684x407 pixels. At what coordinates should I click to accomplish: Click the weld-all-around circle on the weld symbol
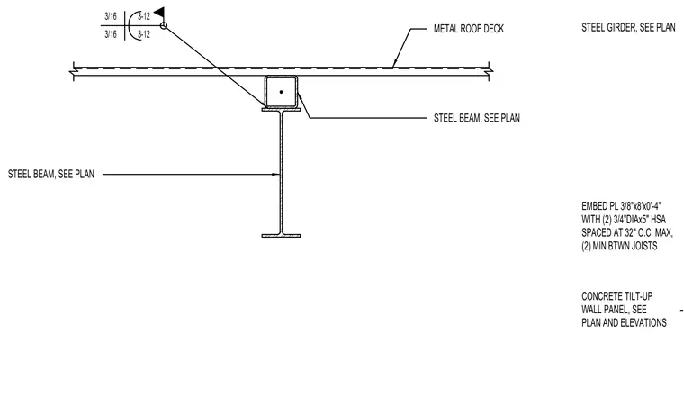(x=164, y=26)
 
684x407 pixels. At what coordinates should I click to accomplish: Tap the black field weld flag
(x=160, y=13)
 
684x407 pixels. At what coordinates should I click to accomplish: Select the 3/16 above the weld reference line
(x=111, y=16)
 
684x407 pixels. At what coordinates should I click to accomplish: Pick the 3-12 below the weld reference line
(x=144, y=34)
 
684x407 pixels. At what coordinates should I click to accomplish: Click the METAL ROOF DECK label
(x=469, y=29)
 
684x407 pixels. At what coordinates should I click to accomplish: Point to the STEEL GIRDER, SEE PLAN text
(x=628, y=28)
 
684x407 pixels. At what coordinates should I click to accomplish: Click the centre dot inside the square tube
(x=281, y=92)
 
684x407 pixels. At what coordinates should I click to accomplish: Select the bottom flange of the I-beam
(x=281, y=236)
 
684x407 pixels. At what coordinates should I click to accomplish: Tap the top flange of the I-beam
(x=281, y=110)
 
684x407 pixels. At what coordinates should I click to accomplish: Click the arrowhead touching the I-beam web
(x=276, y=175)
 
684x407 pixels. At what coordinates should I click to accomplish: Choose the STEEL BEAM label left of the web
(x=51, y=174)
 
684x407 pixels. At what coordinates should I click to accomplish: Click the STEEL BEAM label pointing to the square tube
(x=477, y=118)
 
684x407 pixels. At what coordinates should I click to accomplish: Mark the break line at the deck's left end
(x=73, y=71)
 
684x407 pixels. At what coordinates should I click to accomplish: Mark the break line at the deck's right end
(x=489, y=71)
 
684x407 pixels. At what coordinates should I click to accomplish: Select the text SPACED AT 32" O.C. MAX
(x=627, y=233)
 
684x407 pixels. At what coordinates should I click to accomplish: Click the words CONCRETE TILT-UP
(x=616, y=296)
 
